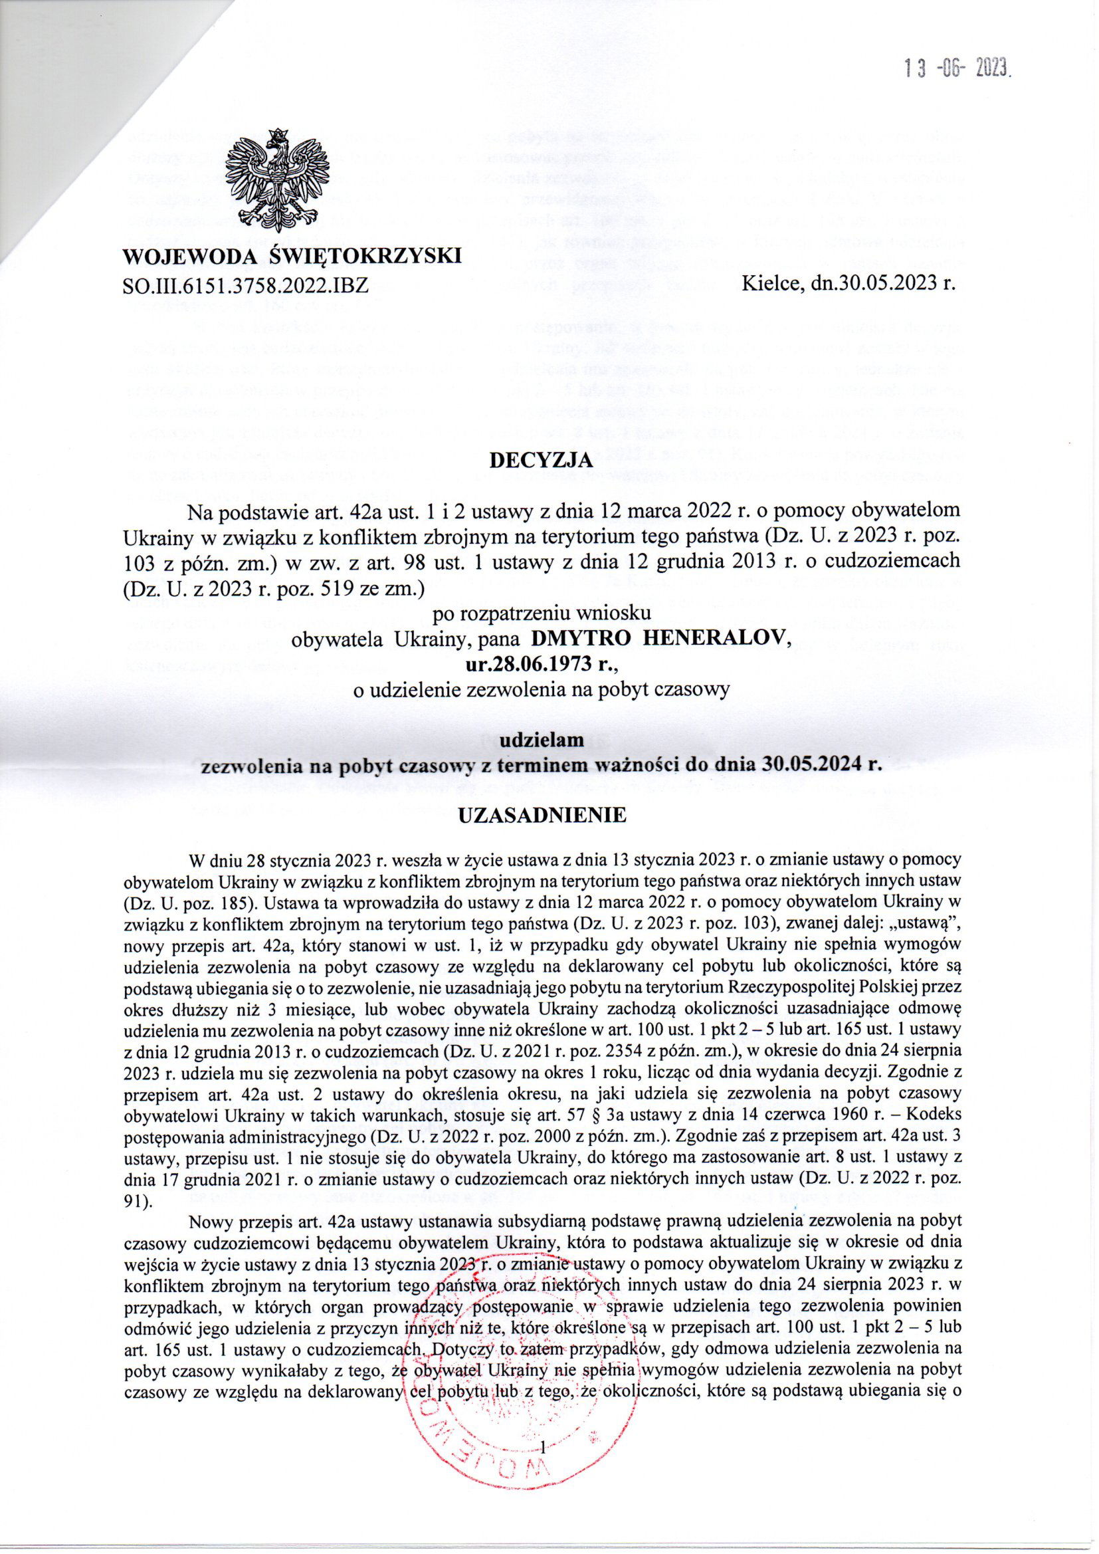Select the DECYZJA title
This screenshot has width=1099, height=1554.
(542, 461)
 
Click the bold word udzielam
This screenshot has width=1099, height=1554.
(542, 740)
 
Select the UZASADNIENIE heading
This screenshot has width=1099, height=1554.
(543, 816)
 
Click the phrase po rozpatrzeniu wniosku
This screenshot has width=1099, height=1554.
(542, 613)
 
